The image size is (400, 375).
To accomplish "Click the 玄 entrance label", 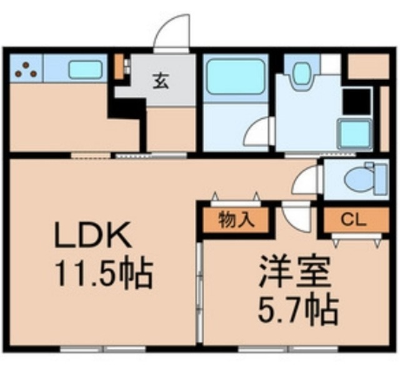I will [161, 81].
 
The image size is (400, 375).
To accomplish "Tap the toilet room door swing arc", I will [306, 181].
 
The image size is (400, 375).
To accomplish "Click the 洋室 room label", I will [292, 273].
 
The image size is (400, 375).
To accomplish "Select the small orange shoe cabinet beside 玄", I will [119, 67].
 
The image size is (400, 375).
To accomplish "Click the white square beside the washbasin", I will [331, 64].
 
